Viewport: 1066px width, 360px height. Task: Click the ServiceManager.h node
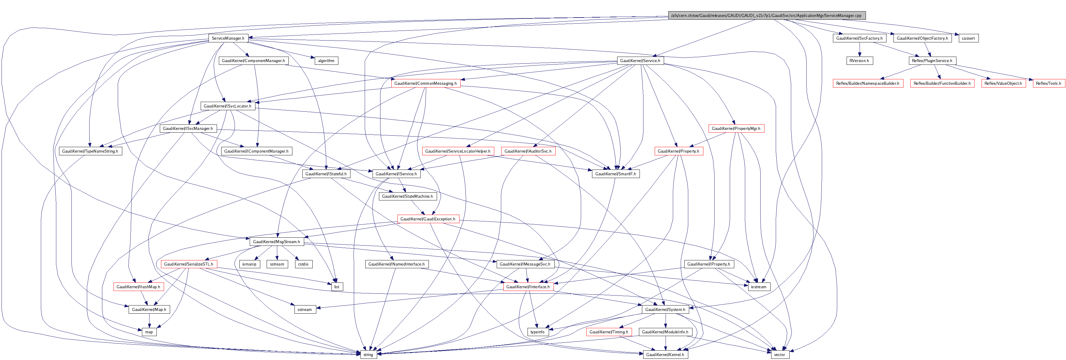click(228, 38)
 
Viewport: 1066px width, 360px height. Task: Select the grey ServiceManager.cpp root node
click(766, 16)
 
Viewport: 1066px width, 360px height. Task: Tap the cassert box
click(968, 38)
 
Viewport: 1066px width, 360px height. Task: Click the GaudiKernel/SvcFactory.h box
click(859, 38)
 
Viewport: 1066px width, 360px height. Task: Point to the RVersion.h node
click(859, 61)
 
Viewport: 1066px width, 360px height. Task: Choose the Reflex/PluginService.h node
click(932, 61)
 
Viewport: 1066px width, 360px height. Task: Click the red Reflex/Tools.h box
click(1048, 83)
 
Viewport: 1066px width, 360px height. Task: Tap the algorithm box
click(326, 61)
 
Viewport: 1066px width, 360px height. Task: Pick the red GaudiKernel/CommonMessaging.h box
click(426, 83)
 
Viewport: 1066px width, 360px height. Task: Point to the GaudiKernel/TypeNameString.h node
click(90, 151)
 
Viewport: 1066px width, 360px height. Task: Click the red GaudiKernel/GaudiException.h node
click(427, 219)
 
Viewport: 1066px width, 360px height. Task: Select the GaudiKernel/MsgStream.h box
click(276, 242)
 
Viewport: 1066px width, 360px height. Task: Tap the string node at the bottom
click(368, 355)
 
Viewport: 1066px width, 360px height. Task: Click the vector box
click(779, 355)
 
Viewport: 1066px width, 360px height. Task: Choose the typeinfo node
click(537, 332)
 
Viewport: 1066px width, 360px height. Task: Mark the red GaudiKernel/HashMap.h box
click(138, 287)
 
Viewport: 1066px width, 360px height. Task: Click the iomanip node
click(249, 264)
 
